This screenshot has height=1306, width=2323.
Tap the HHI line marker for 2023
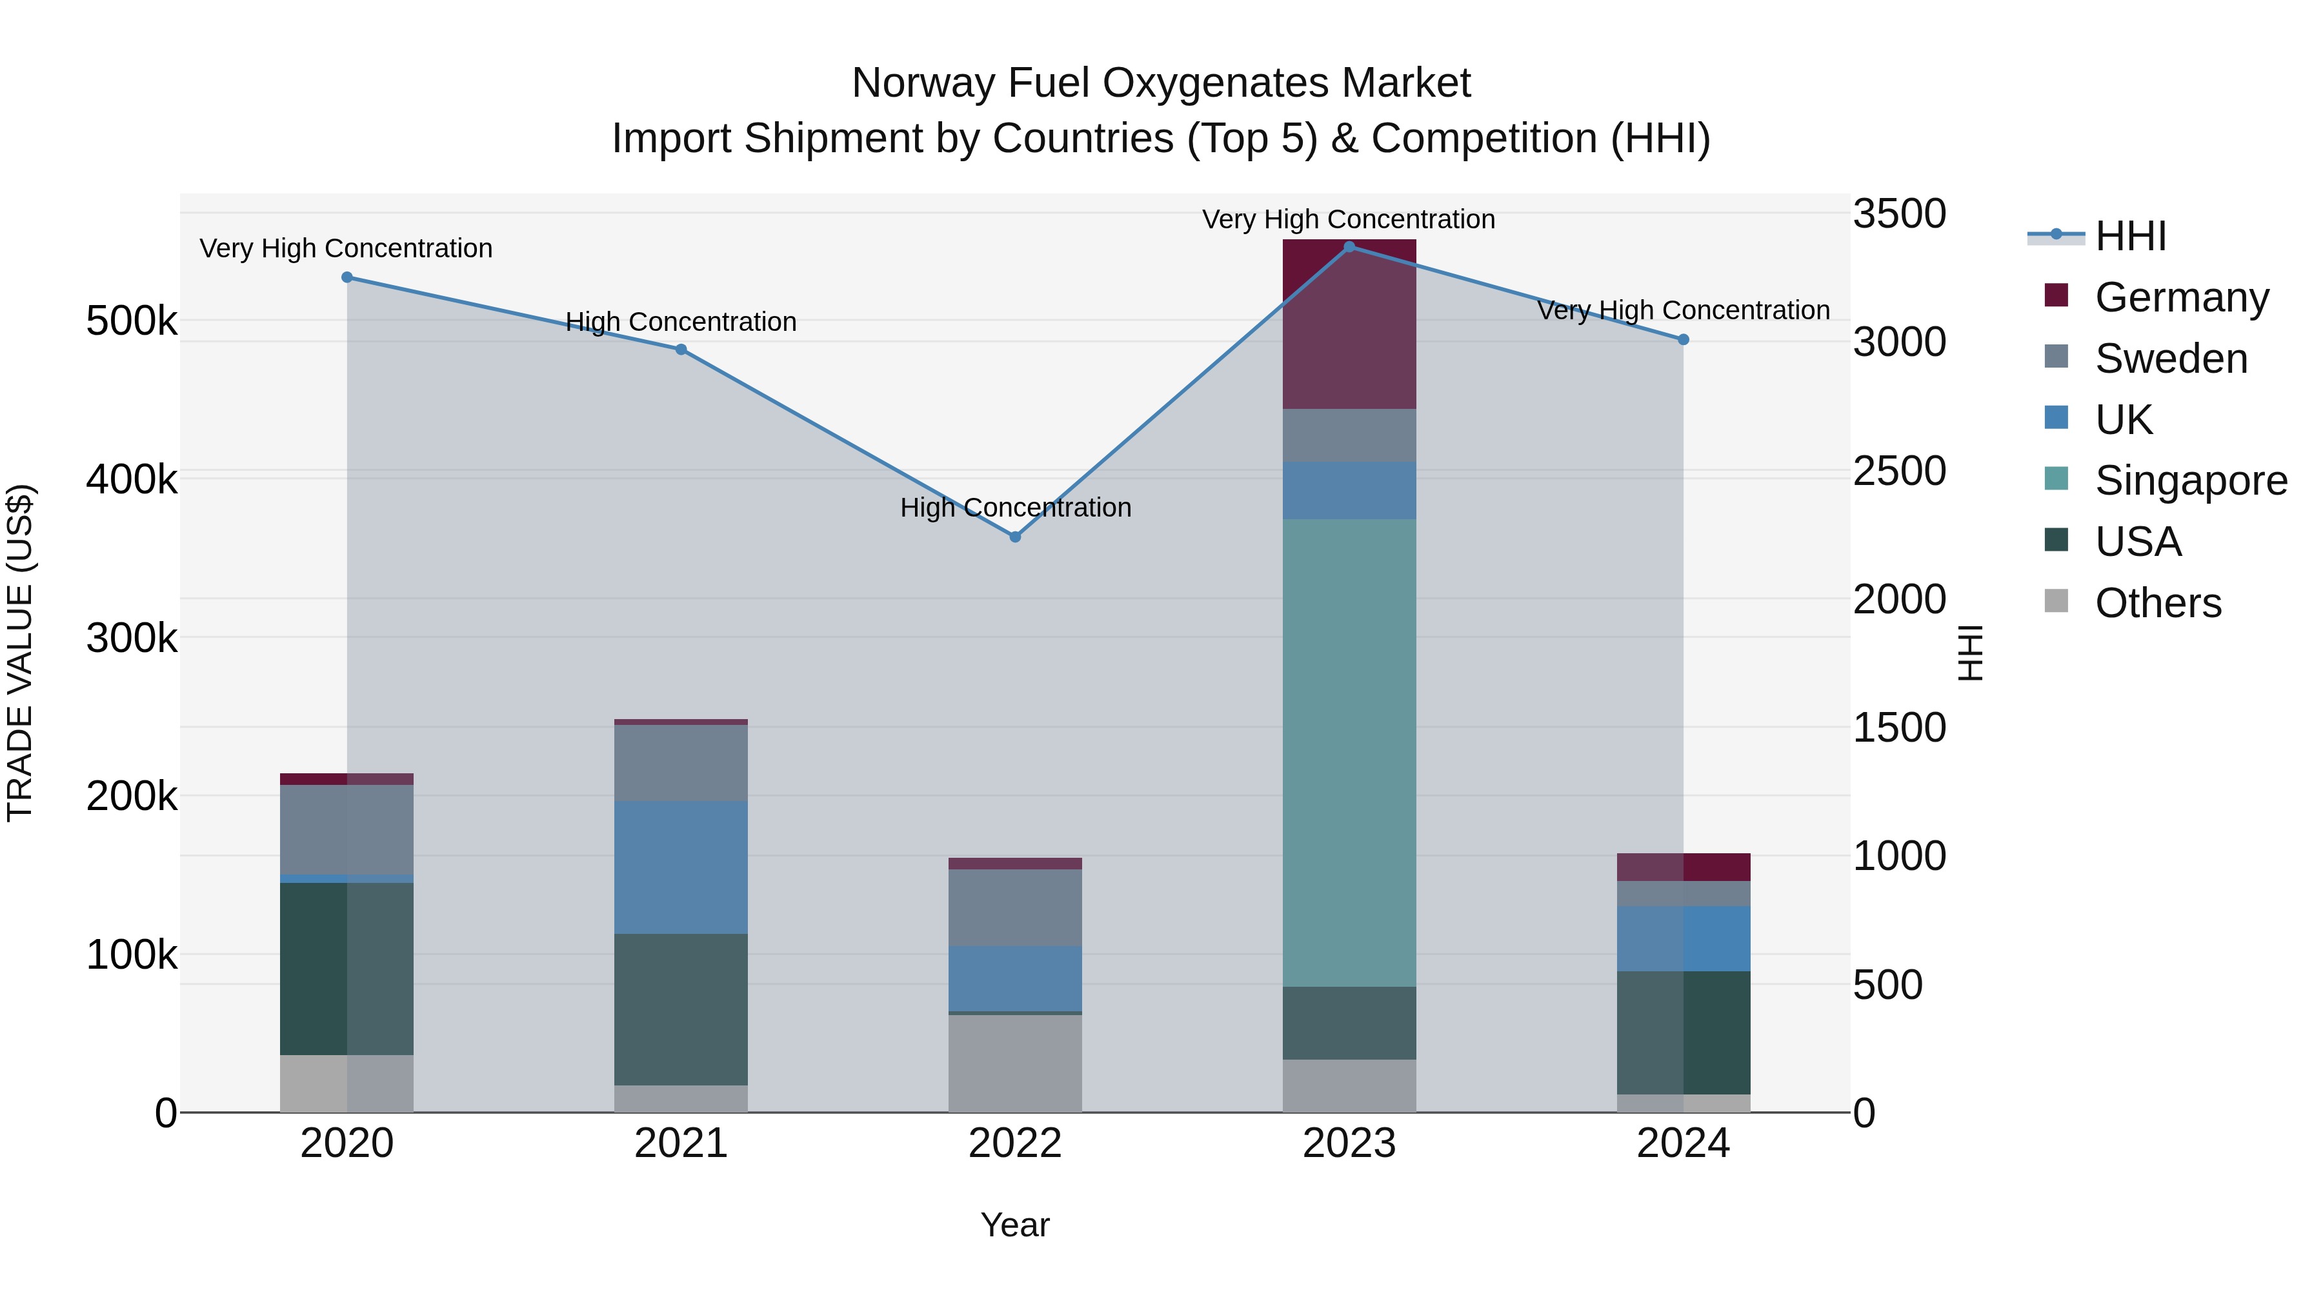click(1349, 247)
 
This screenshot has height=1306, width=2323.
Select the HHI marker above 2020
click(347, 277)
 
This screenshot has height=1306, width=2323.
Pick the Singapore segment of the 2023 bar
click(1349, 753)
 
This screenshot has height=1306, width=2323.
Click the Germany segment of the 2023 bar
click(1349, 324)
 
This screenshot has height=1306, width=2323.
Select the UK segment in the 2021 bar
click(681, 867)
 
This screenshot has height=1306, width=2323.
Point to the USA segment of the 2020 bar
click(347, 969)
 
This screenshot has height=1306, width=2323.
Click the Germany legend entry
click(2180, 297)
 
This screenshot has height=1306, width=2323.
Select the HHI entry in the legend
click(2130, 236)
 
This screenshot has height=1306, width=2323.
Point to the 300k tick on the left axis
click(132, 638)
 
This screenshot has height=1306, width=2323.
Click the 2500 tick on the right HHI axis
click(1898, 471)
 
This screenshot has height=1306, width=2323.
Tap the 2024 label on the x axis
click(1683, 1143)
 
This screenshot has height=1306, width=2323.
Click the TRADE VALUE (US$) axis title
click(20, 653)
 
